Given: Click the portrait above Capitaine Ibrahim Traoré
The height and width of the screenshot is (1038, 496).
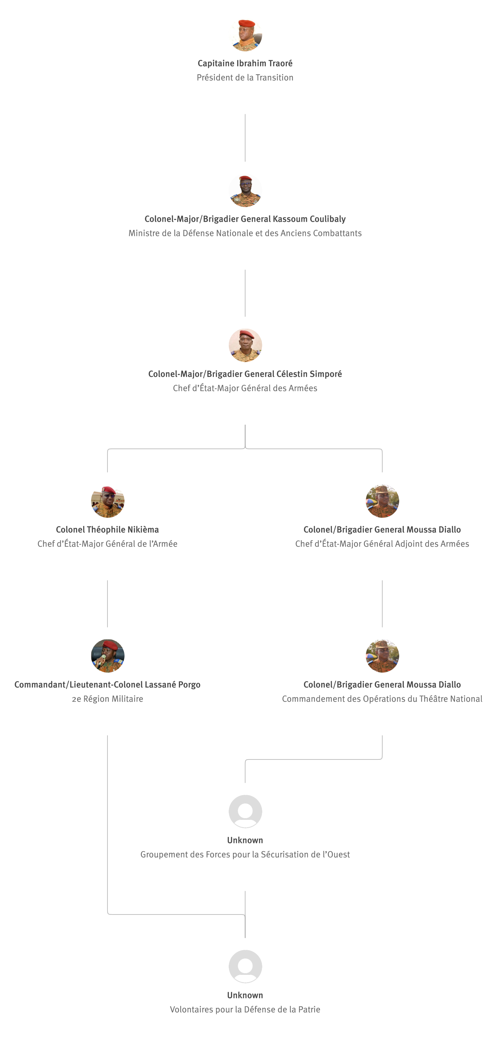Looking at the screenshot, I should coord(245,35).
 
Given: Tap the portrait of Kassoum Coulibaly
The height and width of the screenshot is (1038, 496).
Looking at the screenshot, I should coord(245,190).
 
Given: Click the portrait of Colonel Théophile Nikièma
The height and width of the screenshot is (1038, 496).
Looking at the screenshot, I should coord(108,501).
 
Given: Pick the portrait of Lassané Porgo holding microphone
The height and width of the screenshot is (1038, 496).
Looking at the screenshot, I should coord(108,655).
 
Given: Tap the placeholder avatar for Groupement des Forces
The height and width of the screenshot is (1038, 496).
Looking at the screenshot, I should coord(245,811).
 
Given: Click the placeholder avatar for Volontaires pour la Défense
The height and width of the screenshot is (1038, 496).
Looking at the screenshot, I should coord(245,966).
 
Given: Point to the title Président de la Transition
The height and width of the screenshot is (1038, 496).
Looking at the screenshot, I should coord(245,77).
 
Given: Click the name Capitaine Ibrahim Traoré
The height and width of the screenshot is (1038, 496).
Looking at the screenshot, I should coord(245,63).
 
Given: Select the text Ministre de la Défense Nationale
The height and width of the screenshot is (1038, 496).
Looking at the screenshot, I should coord(245,233).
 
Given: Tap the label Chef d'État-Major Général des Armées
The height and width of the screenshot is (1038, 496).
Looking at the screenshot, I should coord(245,388).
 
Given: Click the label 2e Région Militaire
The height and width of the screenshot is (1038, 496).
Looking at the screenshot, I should coord(108,699).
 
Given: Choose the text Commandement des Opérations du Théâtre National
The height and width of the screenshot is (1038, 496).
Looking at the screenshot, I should coord(382,699).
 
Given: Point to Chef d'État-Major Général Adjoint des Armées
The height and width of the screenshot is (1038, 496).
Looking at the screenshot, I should coord(382,544).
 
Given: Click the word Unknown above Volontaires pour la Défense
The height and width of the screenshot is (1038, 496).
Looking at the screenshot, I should coord(245,995).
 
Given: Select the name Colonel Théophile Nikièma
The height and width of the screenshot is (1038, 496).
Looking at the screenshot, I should coord(108,529).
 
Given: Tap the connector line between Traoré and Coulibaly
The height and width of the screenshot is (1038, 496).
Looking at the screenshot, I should coord(245,138).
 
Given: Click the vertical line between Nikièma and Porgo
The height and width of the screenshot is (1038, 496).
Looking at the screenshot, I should coord(108,604).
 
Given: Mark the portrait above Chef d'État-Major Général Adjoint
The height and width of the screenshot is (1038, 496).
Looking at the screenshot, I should coord(382,501).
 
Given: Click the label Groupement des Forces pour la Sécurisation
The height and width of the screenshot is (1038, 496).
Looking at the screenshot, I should coord(245,854).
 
